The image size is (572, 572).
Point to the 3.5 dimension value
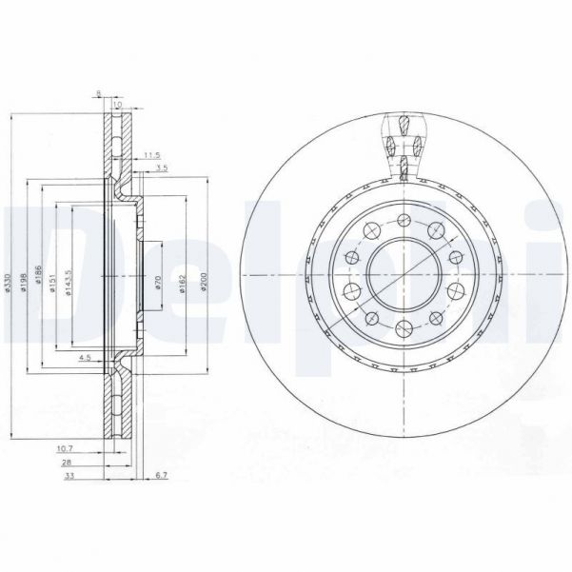162,168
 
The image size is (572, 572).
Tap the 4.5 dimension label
84,360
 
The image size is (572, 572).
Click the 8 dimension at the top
98,93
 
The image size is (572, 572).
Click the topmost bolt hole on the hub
404,220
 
